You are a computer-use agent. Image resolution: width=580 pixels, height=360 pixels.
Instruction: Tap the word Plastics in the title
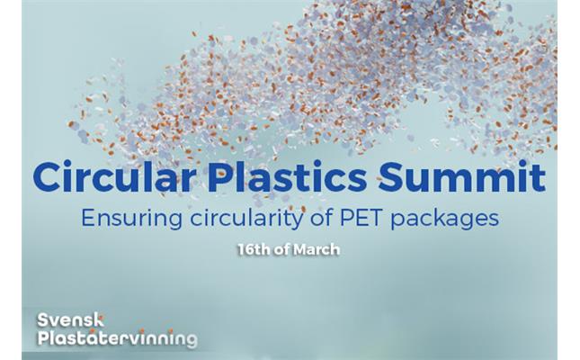287,176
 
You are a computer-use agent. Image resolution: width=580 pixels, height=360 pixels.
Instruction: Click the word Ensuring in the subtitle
131,219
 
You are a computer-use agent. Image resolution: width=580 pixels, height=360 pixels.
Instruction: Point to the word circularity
246,219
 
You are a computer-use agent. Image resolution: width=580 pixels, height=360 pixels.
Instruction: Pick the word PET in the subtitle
361,218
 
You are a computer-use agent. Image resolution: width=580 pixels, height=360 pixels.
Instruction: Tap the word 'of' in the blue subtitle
321,218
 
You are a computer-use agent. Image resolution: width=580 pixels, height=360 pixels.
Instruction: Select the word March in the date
317,249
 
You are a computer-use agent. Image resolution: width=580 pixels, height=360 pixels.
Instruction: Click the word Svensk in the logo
70,320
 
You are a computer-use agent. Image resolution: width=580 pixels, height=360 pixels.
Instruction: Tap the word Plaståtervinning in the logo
117,338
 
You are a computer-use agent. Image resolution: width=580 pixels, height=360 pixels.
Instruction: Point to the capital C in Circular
47,178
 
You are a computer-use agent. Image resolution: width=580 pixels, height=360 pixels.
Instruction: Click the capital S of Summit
391,178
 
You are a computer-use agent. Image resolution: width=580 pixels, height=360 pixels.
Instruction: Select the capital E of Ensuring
88,218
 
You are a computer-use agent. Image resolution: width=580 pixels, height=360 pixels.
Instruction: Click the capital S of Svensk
43,320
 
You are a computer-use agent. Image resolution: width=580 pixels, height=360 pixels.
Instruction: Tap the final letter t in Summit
539,178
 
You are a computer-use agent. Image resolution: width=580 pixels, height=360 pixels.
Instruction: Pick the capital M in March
300,249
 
